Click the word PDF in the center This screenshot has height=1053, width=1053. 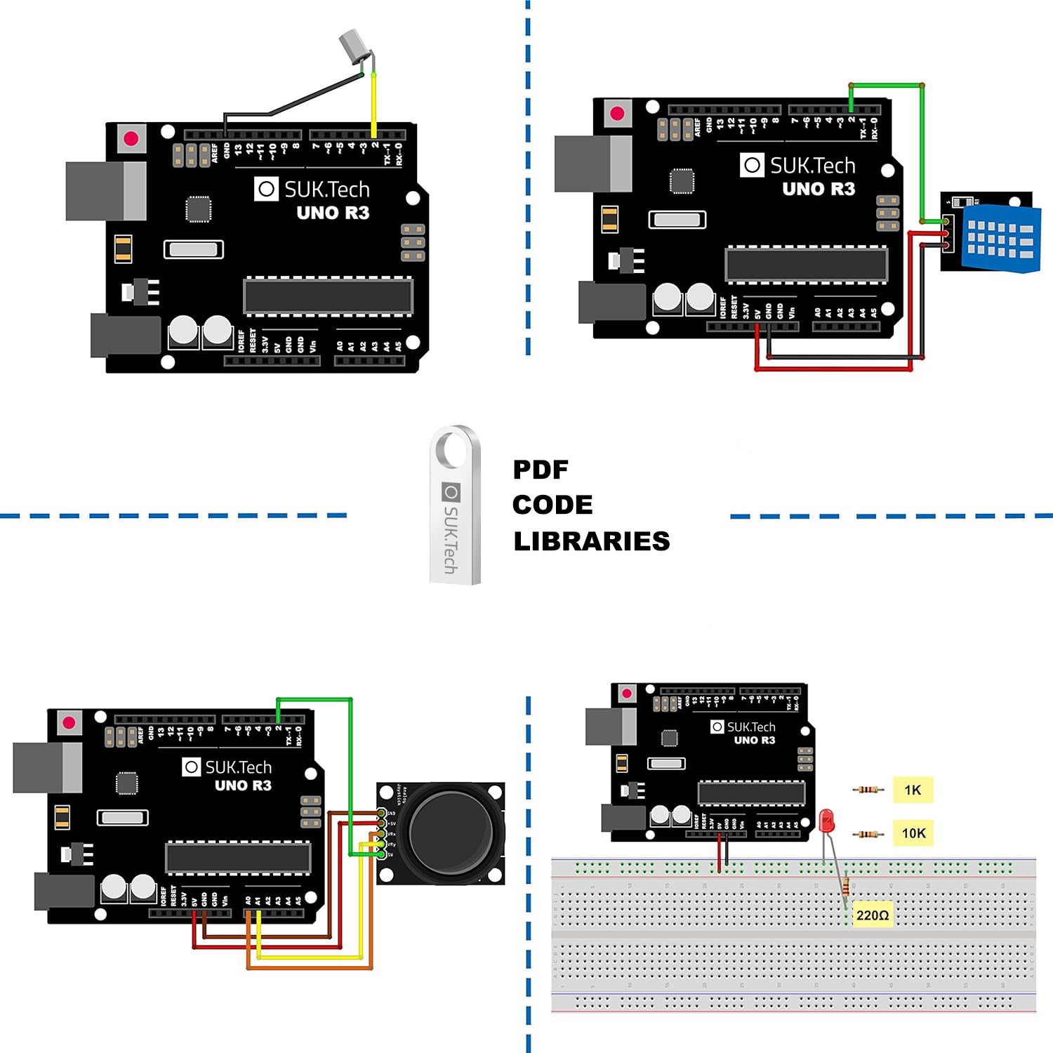tap(541, 470)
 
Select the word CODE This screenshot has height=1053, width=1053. tap(552, 505)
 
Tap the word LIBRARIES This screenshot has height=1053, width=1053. tap(591, 541)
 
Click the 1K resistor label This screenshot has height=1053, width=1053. tap(913, 790)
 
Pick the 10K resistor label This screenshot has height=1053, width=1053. tap(913, 833)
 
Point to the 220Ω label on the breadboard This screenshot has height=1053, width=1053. tap(873, 915)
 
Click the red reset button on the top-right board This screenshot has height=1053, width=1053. tap(618, 114)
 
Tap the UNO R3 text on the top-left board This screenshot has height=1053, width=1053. tap(333, 213)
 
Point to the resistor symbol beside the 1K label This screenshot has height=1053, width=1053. tap(868, 790)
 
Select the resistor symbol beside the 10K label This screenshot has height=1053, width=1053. tap(868, 834)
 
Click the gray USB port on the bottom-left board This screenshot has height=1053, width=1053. tap(47, 767)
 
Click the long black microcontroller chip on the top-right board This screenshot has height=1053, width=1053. tap(806, 265)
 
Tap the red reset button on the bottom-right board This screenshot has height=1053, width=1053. tap(627, 694)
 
